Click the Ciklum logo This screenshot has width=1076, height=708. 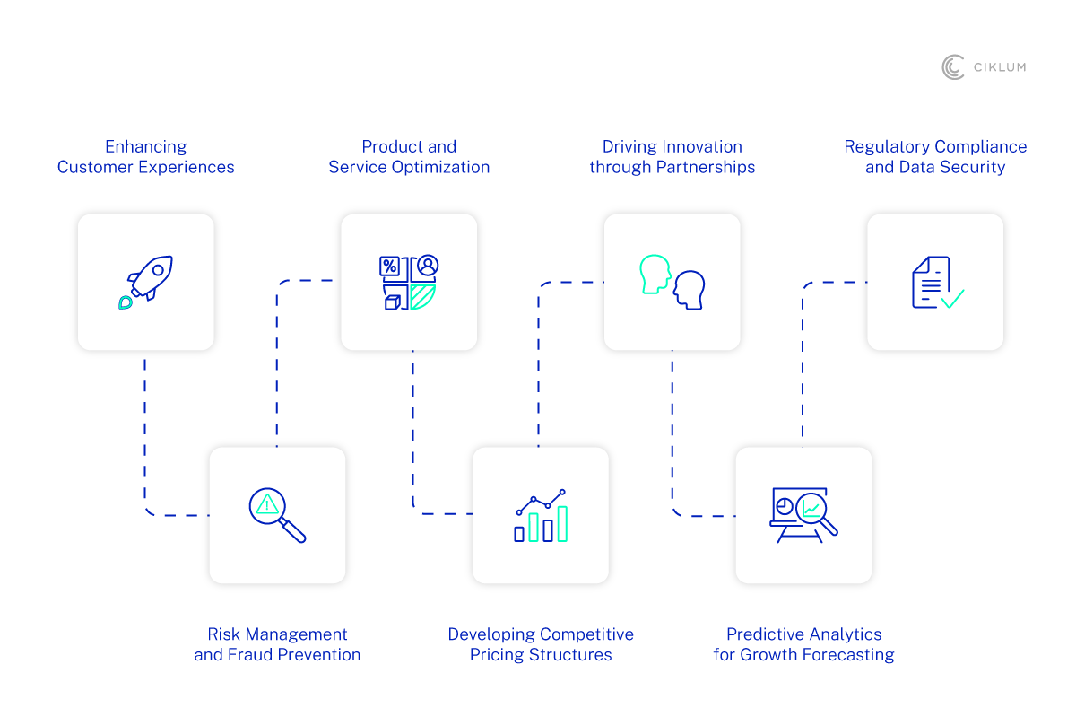coord(984,67)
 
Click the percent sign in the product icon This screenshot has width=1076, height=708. coord(390,267)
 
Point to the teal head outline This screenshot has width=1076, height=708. coord(655,274)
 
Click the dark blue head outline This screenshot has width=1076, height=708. coord(690,290)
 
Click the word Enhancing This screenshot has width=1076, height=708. coord(146,146)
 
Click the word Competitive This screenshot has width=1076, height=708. coord(587,634)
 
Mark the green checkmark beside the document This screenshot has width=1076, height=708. coord(951,299)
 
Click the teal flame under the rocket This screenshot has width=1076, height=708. coord(126,302)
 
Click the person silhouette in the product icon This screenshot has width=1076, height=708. coord(428,266)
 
